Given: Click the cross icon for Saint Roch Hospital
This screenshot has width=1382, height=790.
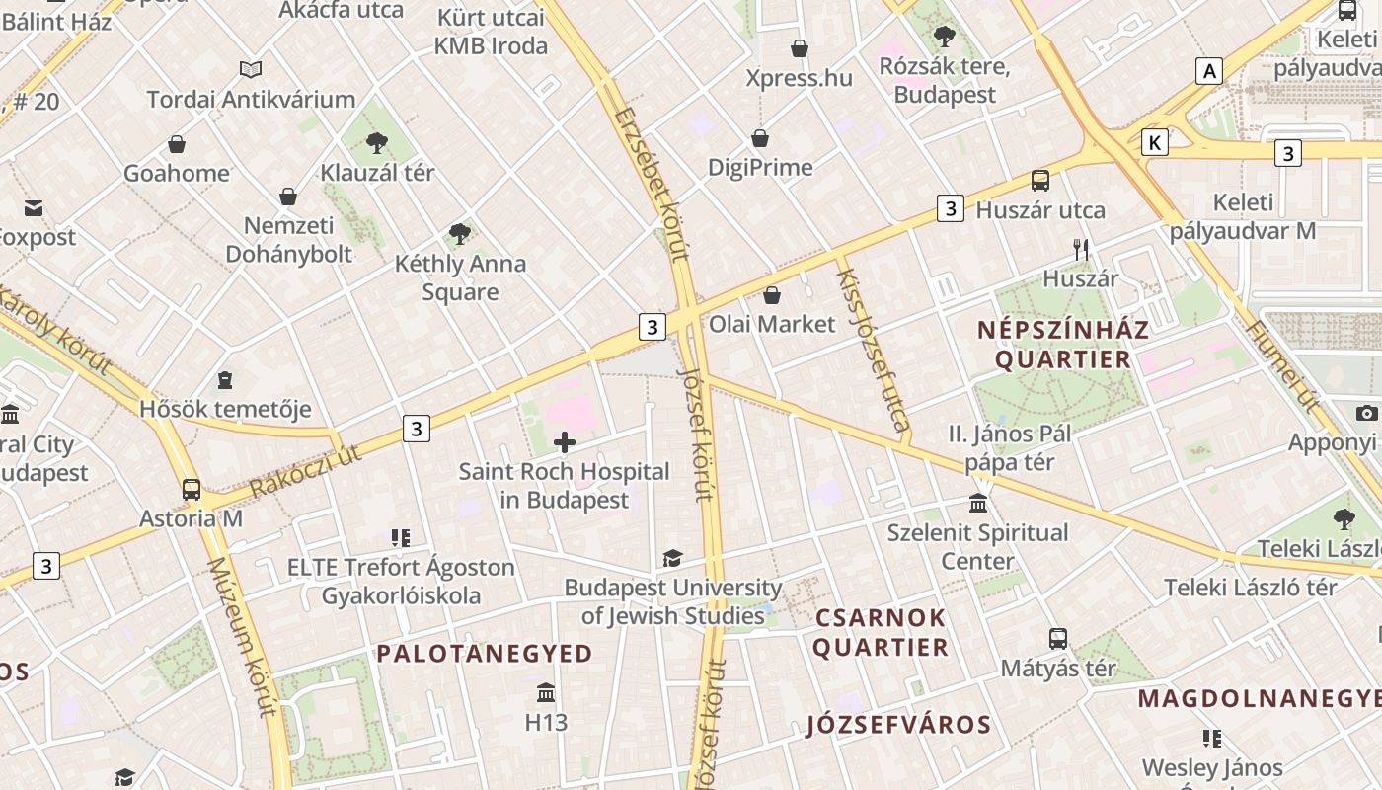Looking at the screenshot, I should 565,442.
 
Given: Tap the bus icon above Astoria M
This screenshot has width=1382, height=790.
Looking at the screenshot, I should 192,490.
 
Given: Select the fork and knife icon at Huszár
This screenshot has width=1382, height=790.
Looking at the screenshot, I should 1081,250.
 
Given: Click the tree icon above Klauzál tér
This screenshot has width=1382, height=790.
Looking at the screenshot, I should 376,143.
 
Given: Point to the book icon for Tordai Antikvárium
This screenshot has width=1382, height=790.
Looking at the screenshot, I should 251,70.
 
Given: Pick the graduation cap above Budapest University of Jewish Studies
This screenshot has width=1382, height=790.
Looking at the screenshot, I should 672,559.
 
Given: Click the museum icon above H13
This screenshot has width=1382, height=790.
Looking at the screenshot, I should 546,692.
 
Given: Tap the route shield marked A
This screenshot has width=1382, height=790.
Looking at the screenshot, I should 1208,71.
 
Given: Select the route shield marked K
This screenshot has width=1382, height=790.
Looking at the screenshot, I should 1154,143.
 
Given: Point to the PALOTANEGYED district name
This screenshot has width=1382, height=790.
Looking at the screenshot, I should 485,654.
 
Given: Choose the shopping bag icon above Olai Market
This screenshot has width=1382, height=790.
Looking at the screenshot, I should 772,295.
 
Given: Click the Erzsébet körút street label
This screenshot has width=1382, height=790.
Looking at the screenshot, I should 650,183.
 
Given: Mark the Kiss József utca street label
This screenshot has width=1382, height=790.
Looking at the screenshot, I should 873,350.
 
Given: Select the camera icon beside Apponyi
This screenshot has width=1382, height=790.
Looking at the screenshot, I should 1366,413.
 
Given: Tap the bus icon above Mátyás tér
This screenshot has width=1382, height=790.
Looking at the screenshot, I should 1058,639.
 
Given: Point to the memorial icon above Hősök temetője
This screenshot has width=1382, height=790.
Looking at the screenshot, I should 225,380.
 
